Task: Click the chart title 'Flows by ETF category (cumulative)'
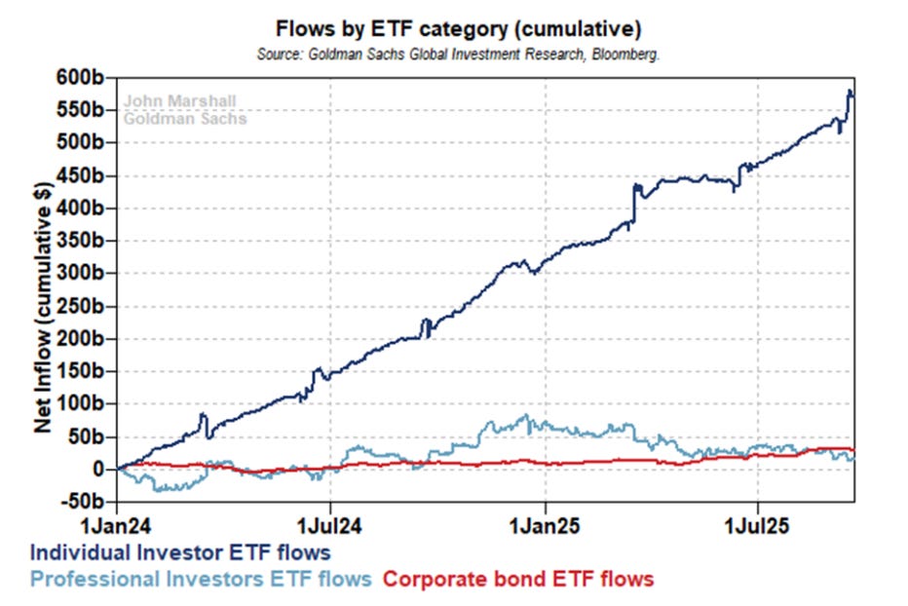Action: [x=458, y=28]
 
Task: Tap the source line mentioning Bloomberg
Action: [x=458, y=55]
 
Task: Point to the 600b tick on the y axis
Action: [x=80, y=77]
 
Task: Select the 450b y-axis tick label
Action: [x=80, y=175]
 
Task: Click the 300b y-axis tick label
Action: [x=80, y=272]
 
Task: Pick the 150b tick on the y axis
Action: [x=80, y=370]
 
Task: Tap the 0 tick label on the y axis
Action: [x=97, y=469]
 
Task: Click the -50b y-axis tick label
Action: [x=82, y=501]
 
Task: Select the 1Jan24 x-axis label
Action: [x=116, y=526]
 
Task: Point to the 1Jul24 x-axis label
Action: [x=329, y=526]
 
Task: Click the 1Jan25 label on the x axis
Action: [x=545, y=526]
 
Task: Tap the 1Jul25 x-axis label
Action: [x=757, y=526]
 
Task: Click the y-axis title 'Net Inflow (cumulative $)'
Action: [x=43, y=308]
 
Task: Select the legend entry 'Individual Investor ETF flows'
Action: [x=180, y=552]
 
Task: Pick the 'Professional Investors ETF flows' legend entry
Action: [x=201, y=579]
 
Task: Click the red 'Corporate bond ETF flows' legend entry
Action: [x=518, y=579]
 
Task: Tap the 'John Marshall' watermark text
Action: [x=179, y=100]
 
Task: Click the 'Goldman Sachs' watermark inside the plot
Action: [x=185, y=119]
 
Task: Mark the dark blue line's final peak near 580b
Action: [x=849, y=91]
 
